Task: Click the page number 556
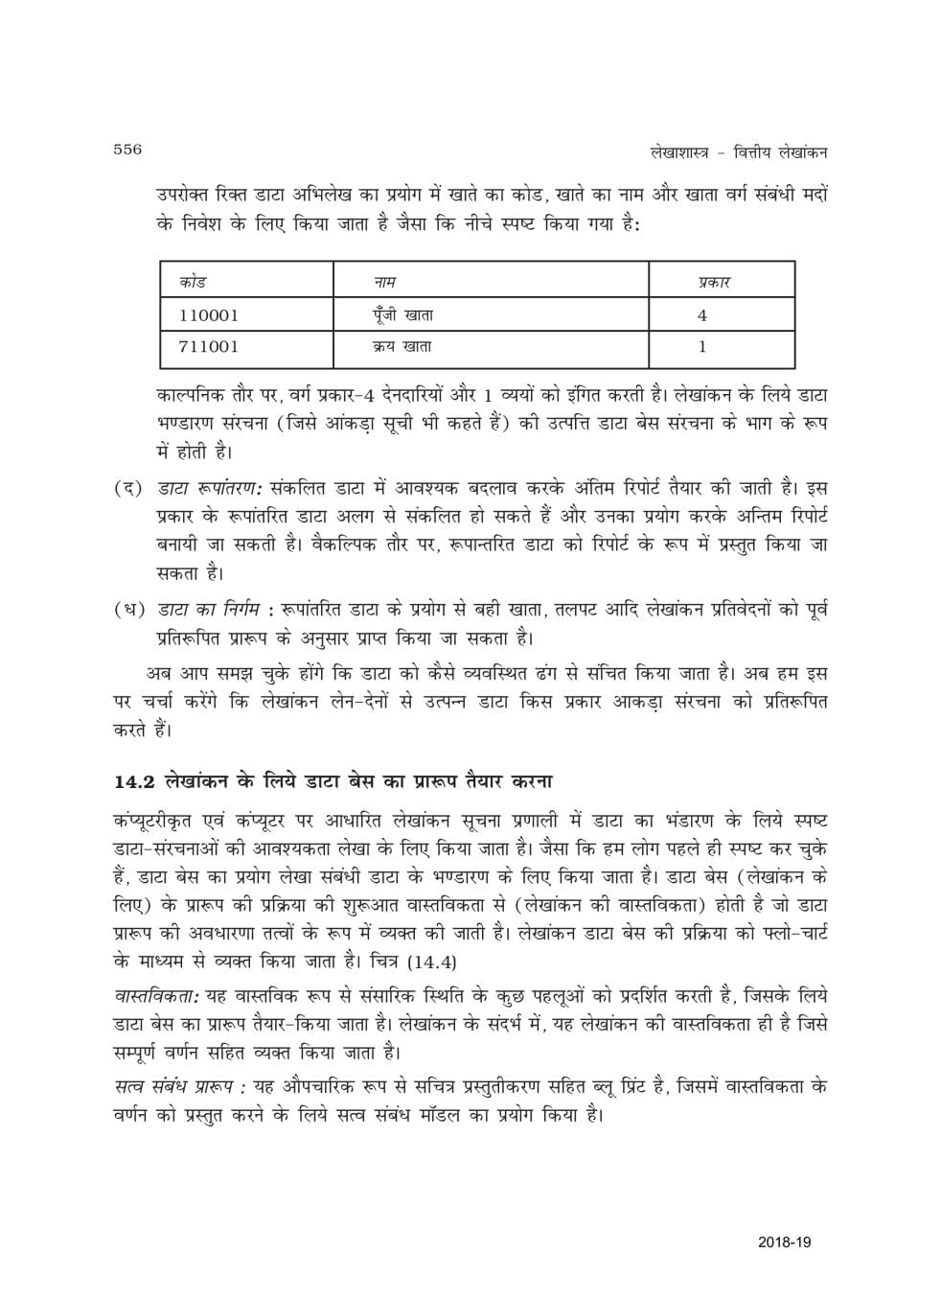coord(127,149)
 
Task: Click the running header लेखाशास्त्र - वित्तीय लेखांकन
coord(724,151)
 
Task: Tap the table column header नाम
coord(385,282)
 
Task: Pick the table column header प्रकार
coord(710,282)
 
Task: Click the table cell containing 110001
coord(208,314)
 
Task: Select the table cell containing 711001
coord(208,347)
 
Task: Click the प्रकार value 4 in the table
coord(702,314)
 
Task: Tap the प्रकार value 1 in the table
coord(702,347)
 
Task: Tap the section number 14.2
coord(134,781)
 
